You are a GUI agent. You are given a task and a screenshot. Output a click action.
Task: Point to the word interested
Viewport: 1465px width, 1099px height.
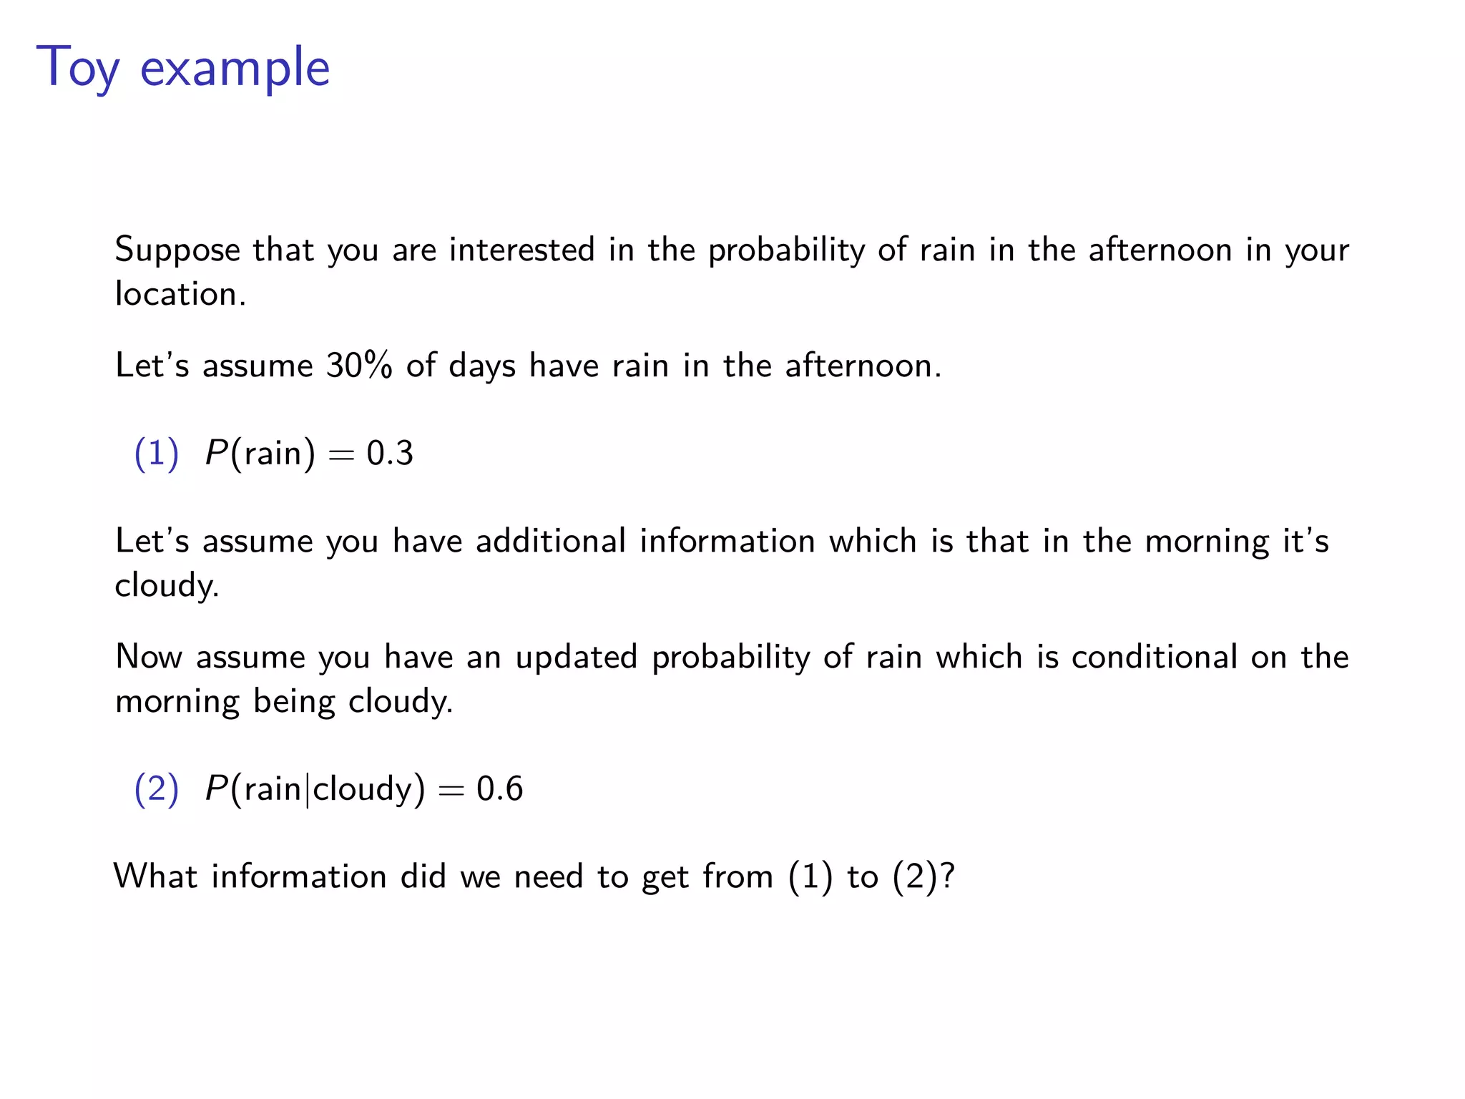point(521,250)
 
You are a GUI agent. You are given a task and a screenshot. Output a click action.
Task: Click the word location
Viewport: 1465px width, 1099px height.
point(180,294)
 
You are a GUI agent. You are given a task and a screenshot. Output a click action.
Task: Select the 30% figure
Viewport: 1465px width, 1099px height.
point(359,366)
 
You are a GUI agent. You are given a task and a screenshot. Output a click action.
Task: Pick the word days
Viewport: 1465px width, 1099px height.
point(481,366)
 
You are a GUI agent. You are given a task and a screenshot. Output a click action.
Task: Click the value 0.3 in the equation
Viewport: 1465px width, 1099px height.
point(390,454)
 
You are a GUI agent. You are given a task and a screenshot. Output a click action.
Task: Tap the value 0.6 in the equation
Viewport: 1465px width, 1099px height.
point(499,788)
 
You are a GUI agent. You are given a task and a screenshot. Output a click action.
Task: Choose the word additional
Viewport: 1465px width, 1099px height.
point(551,541)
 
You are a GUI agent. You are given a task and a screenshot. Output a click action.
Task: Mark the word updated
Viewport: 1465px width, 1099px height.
point(576,658)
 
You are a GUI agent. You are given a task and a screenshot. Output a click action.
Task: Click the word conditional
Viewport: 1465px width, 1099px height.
point(1154,657)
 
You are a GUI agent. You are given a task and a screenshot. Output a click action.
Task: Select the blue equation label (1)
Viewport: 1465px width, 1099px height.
point(156,454)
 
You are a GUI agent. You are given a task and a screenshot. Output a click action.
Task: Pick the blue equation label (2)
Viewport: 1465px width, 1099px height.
point(156,788)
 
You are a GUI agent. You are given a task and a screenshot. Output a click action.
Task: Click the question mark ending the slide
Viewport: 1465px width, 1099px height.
point(948,876)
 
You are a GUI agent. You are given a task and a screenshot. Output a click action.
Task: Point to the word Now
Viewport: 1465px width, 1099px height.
point(149,657)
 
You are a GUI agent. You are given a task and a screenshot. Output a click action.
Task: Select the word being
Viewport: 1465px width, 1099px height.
point(294,702)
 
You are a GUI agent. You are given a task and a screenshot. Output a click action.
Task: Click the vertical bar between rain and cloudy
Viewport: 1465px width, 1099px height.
point(308,789)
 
